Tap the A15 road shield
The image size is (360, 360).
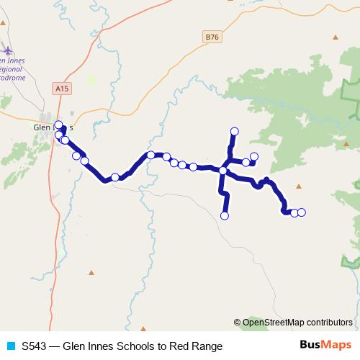click(63, 87)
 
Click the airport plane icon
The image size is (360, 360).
click(8, 50)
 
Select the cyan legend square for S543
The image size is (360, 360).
click(10, 346)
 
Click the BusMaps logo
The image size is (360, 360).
click(325, 345)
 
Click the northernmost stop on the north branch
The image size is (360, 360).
click(234, 131)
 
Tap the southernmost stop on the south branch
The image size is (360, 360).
click(225, 215)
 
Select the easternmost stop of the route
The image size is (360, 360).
click(302, 212)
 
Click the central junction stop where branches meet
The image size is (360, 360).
click(223, 171)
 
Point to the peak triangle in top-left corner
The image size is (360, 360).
click(4, 22)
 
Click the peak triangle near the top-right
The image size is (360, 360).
click(335, 37)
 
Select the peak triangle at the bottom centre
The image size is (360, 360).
click(144, 327)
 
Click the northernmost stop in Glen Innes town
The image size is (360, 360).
click(58, 125)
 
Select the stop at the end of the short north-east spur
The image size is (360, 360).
click(254, 157)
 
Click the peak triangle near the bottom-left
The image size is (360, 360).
click(91, 272)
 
